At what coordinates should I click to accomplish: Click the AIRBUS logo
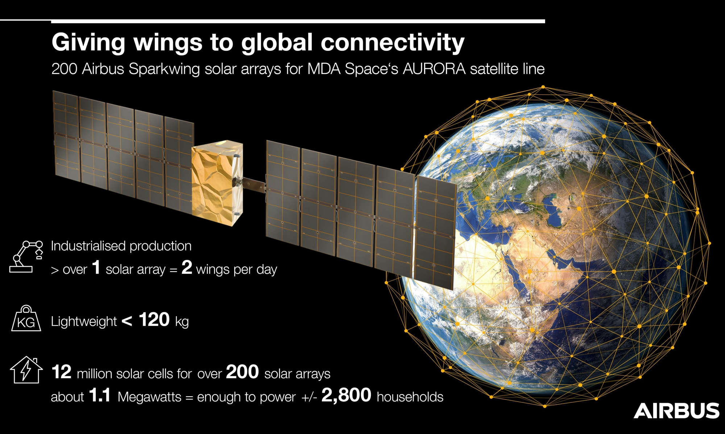tap(676, 410)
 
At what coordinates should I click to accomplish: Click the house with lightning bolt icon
tap(26, 370)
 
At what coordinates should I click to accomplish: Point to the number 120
tap(154, 320)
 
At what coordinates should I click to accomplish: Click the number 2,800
tap(346, 395)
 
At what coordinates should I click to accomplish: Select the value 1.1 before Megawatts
tap(100, 395)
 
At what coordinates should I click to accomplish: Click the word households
tap(410, 397)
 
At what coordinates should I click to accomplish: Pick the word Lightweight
tap(84, 322)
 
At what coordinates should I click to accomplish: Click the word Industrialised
tap(88, 246)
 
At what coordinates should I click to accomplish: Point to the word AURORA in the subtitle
tap(434, 69)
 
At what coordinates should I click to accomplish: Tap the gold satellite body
tap(217, 183)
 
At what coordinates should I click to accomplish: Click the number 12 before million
tap(62, 372)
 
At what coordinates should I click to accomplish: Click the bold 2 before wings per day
tap(187, 268)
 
